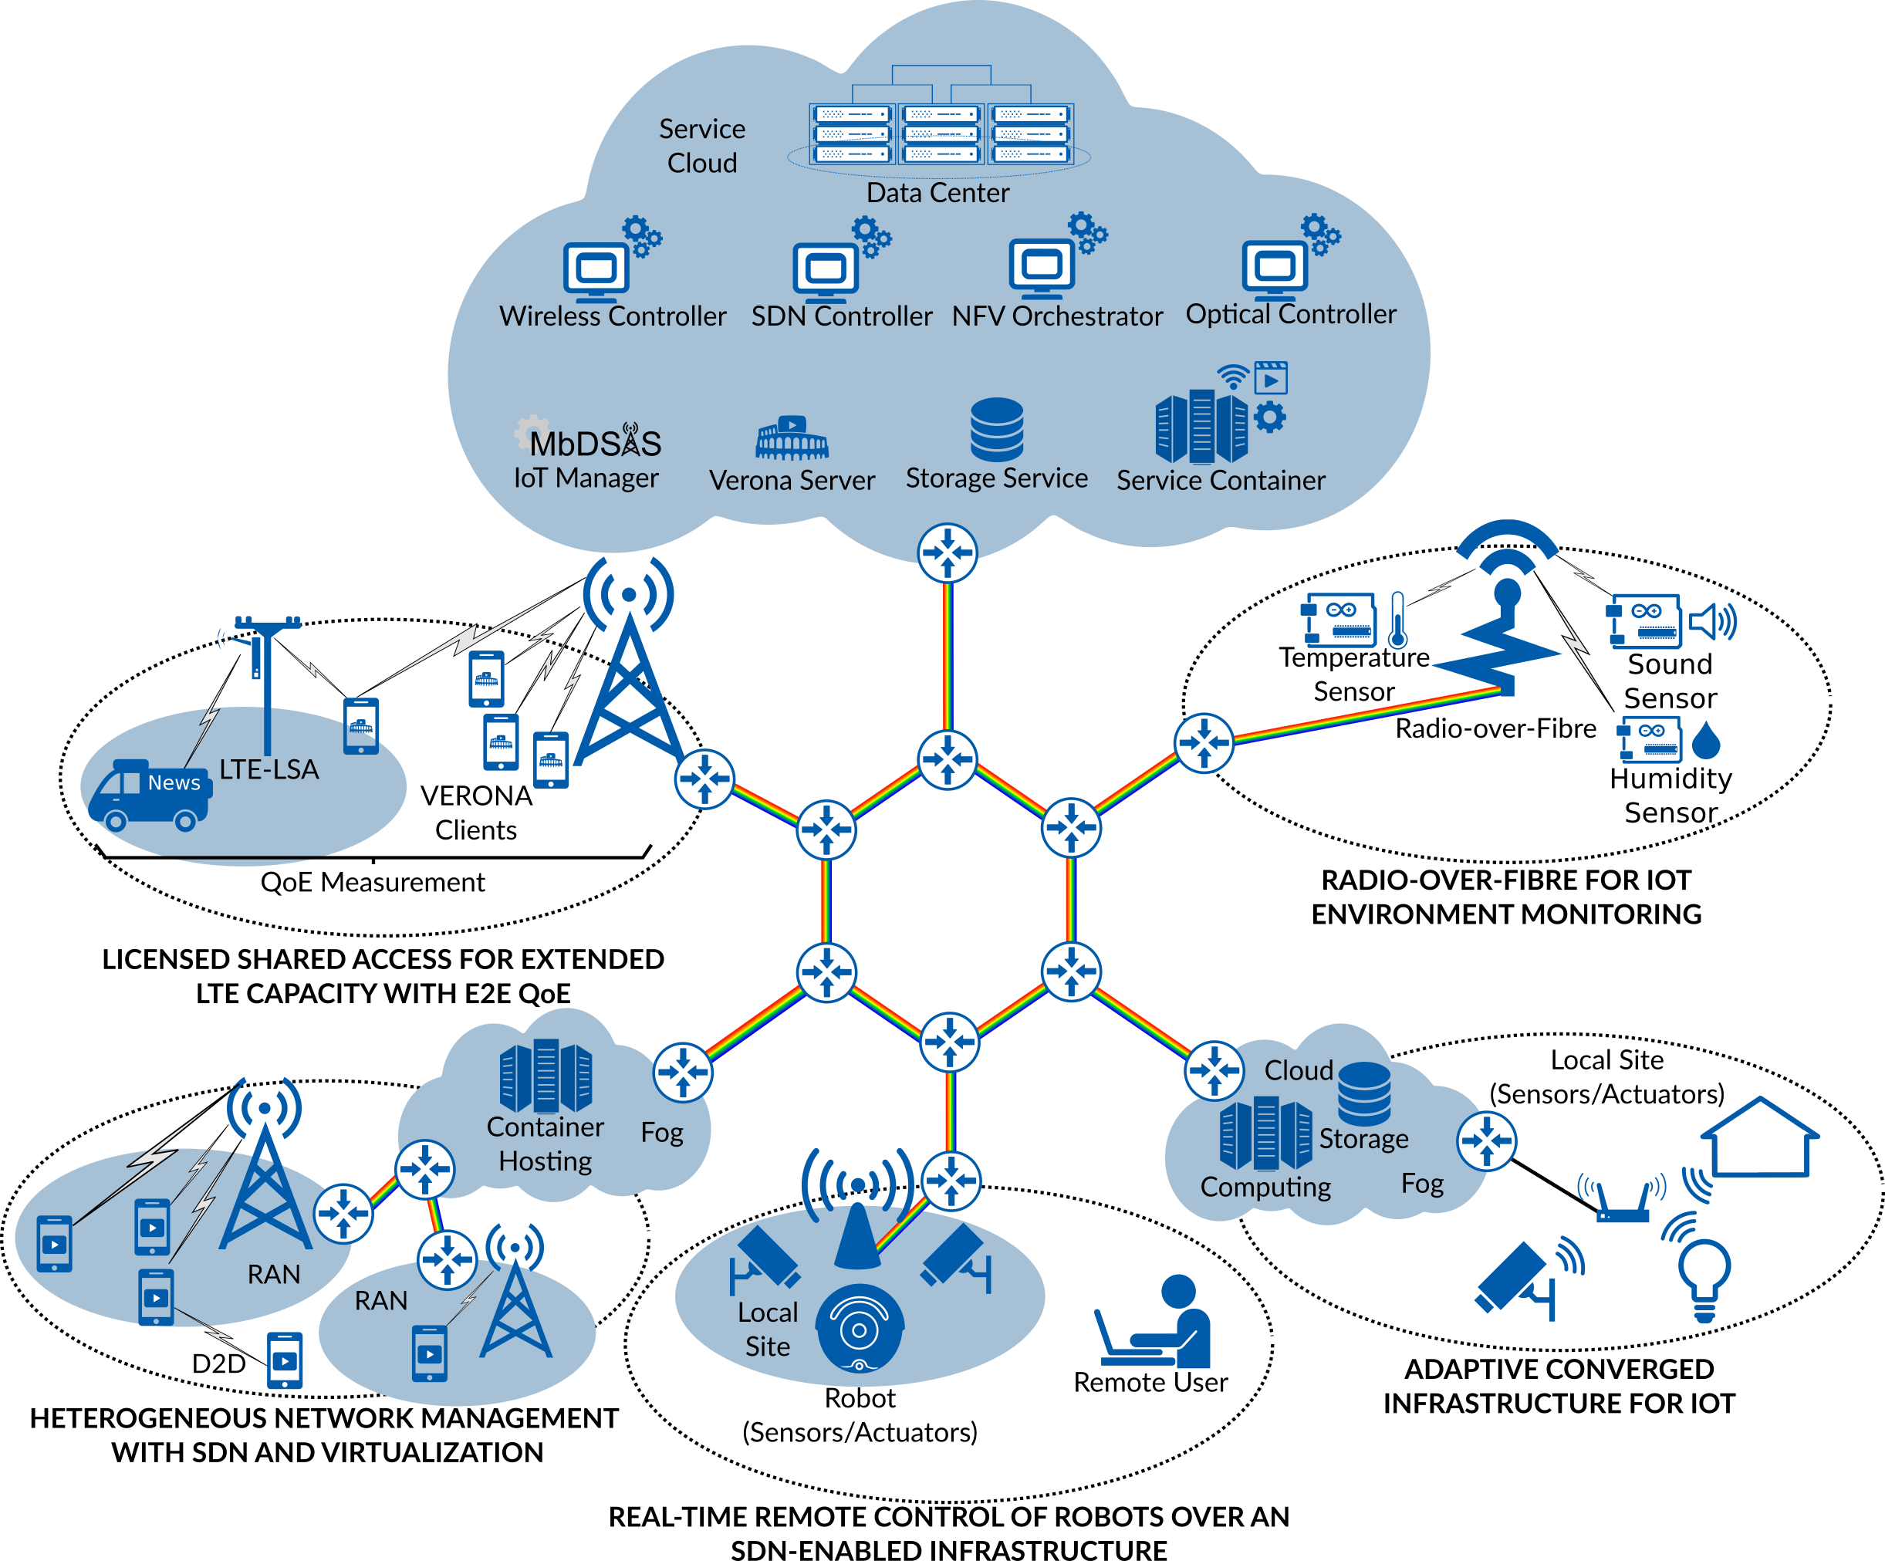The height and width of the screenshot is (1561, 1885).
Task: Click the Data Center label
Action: pyautogui.click(x=937, y=193)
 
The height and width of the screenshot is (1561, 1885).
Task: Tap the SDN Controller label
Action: pyautogui.click(x=841, y=316)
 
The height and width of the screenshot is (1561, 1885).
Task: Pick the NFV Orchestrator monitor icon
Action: pyautogui.click(x=1041, y=268)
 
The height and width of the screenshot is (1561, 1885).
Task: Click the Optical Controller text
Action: pyautogui.click(x=1290, y=314)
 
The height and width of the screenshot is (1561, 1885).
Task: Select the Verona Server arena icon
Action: pyautogui.click(x=792, y=438)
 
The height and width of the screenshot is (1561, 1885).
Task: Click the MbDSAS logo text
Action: pyautogui.click(x=594, y=444)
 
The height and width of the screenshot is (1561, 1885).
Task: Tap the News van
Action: pyautogui.click(x=150, y=795)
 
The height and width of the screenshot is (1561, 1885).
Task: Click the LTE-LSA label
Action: pyautogui.click(x=269, y=769)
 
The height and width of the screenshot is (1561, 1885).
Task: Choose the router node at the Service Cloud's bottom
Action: pyautogui.click(x=947, y=553)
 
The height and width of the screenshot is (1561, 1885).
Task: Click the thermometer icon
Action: pyautogui.click(x=1397, y=620)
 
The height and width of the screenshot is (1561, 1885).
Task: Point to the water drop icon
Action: pyautogui.click(x=1705, y=742)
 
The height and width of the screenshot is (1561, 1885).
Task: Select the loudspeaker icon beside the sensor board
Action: pyautogui.click(x=1711, y=621)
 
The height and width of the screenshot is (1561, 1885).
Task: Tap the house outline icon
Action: pyautogui.click(x=1759, y=1137)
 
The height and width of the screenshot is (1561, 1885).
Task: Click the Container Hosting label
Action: pyautogui.click(x=545, y=1144)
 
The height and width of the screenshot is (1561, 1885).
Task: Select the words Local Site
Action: pyautogui.click(x=768, y=1329)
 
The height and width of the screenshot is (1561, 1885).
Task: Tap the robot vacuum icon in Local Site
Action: pyautogui.click(x=859, y=1329)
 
